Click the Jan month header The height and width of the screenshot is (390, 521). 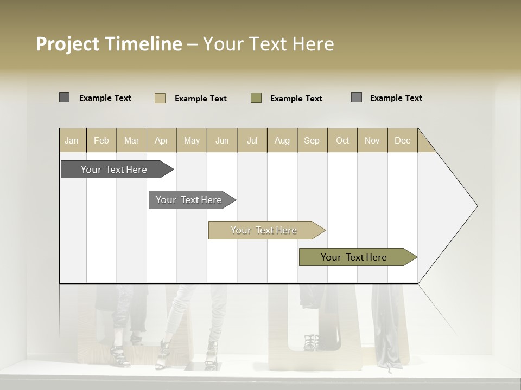pos(72,140)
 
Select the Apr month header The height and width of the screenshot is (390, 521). pos(161,140)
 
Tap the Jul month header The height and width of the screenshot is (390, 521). pos(252,140)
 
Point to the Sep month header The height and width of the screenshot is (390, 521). pos(312,140)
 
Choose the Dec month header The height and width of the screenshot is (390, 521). pos(402,140)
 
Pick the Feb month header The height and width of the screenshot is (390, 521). pos(101,140)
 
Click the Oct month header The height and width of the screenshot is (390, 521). pos(342,140)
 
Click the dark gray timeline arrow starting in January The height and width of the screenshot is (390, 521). pos(114,170)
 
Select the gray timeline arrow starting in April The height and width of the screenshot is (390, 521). pos(189,200)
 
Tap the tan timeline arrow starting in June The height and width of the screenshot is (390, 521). pos(264,230)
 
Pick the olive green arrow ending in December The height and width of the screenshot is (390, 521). pos(354,257)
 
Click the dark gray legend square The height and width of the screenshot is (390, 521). pos(64,97)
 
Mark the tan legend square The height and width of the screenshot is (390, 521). pos(160,98)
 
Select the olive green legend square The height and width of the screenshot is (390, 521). pos(256,98)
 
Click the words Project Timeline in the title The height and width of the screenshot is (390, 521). pos(109,44)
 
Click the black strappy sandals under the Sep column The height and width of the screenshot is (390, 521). pos(310,342)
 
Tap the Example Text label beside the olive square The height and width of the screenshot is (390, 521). pos(296,99)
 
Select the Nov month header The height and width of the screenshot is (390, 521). pos(372,140)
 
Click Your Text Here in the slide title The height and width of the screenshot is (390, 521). pos(268,44)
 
